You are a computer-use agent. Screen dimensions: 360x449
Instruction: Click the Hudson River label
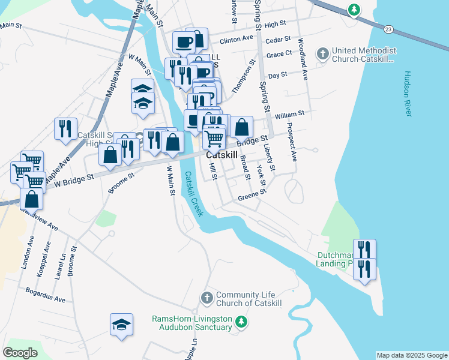coord(407,90)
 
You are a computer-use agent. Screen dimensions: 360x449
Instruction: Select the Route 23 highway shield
coord(389,29)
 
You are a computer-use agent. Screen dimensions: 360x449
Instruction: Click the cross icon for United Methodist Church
coord(322,54)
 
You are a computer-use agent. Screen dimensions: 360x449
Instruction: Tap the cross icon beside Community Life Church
coord(206,297)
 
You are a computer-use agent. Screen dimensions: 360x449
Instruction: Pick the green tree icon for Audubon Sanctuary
coord(242,322)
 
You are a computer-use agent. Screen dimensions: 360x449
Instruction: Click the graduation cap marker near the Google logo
coord(121,325)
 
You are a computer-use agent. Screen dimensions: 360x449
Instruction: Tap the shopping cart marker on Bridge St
coord(214,138)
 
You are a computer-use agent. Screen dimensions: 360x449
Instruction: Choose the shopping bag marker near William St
coord(241,127)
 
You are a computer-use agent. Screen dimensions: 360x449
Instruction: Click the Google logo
coord(20,353)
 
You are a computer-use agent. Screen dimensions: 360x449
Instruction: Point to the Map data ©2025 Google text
coord(412,355)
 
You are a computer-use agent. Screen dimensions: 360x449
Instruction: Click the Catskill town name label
coord(222,155)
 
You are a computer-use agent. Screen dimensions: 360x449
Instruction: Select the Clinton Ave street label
coord(237,40)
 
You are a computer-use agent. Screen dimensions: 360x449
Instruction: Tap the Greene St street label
coord(252,194)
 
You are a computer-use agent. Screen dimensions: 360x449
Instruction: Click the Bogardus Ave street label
coord(45,295)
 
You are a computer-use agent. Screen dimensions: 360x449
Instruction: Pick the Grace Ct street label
coord(279,54)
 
